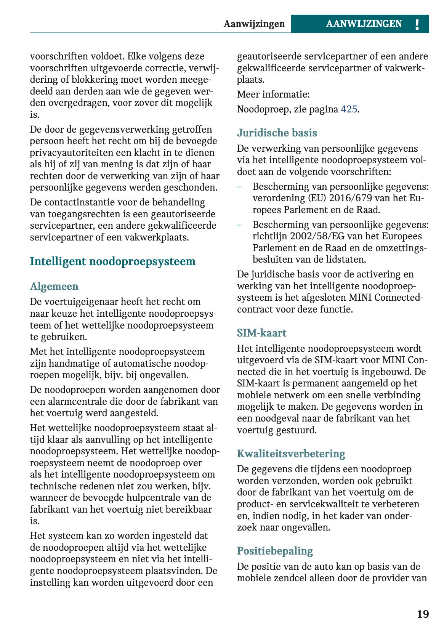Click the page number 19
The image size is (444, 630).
(423, 614)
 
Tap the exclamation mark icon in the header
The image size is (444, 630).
(417, 24)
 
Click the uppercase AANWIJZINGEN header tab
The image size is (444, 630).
(364, 24)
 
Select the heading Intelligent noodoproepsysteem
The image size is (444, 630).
(112, 261)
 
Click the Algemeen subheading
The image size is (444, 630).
(54, 287)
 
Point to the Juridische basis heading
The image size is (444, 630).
(277, 133)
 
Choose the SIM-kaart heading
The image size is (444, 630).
(261, 333)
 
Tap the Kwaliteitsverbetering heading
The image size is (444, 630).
(291, 454)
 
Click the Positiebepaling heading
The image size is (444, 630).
(275, 551)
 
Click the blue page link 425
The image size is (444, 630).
(349, 109)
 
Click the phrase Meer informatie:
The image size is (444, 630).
(273, 95)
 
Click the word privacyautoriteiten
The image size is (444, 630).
(73, 153)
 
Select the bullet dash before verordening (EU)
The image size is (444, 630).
(239, 187)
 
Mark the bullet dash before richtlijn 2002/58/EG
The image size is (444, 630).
(239, 225)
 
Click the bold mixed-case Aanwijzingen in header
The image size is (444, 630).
(254, 24)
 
